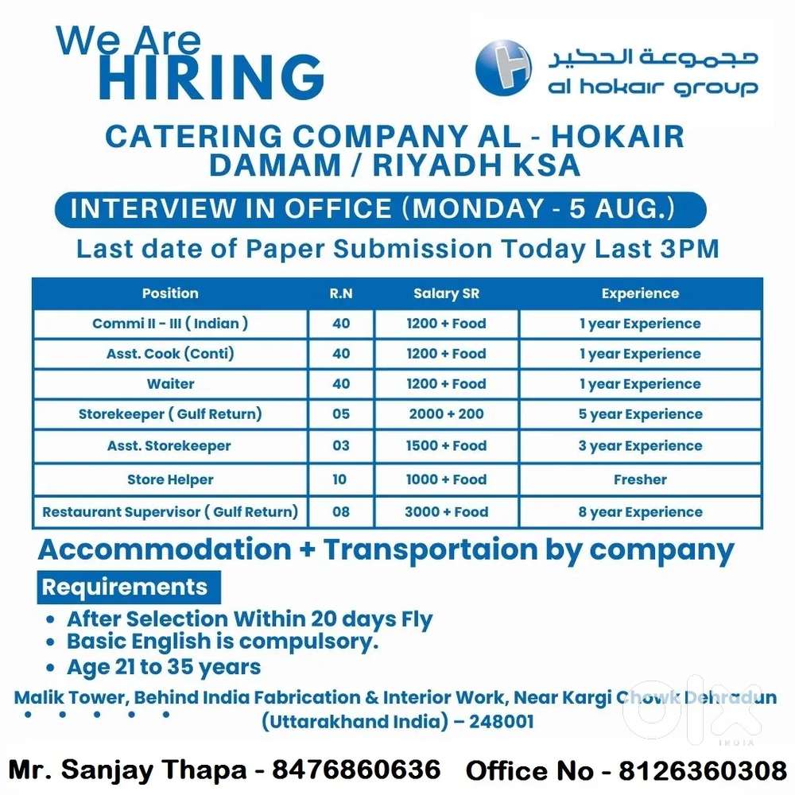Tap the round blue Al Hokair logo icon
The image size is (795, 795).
click(x=502, y=68)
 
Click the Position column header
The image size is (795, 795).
click(x=170, y=293)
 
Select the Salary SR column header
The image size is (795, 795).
click(x=446, y=293)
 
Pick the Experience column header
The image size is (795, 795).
click(x=640, y=293)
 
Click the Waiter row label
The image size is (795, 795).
click(x=170, y=384)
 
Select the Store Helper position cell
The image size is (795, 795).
click(x=170, y=479)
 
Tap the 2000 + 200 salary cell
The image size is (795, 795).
click(x=446, y=414)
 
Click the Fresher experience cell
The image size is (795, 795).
click(x=640, y=479)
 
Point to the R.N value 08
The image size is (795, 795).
click(x=341, y=512)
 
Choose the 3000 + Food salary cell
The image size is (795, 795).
click(x=446, y=512)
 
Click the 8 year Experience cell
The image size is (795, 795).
click(x=640, y=512)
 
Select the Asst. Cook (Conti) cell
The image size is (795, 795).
click(x=170, y=354)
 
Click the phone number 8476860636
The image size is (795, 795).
click(x=356, y=770)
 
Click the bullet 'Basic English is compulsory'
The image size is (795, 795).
click(x=223, y=642)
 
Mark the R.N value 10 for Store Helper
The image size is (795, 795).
click(x=340, y=479)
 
